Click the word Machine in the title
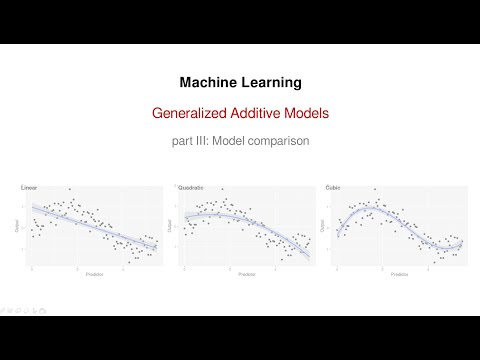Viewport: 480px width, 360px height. coord(206,81)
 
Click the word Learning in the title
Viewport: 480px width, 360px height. coord(270,81)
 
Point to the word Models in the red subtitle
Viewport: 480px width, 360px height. coord(306,113)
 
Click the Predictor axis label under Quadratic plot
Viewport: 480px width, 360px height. coord(245,273)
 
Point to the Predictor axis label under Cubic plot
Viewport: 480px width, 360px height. coord(398,273)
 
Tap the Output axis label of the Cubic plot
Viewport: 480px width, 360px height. coord(324,228)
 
